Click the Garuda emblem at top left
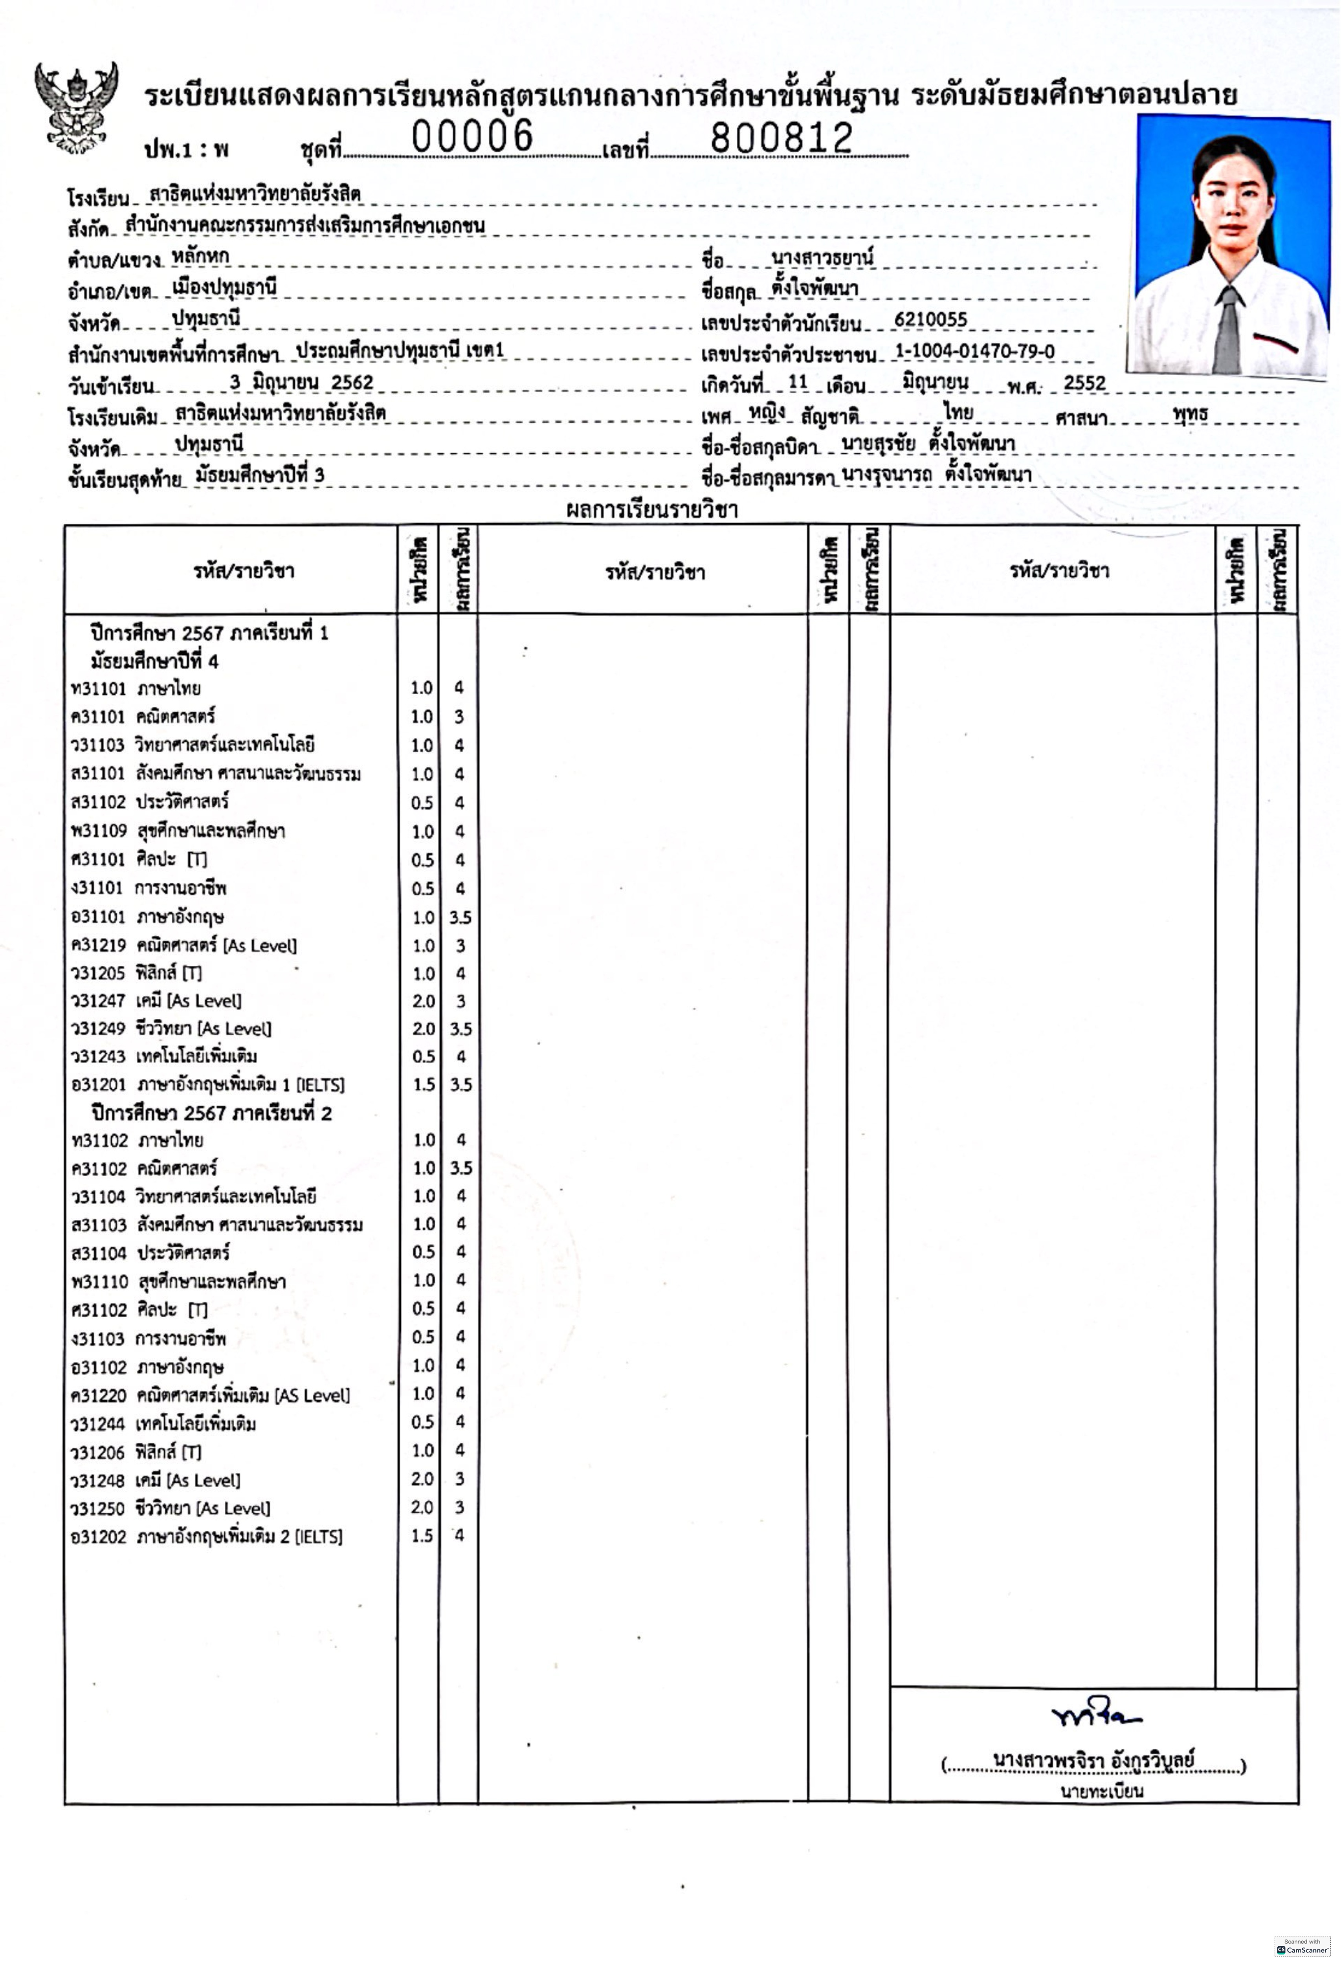76,108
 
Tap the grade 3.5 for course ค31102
460,1169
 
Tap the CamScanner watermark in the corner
1302,1946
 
